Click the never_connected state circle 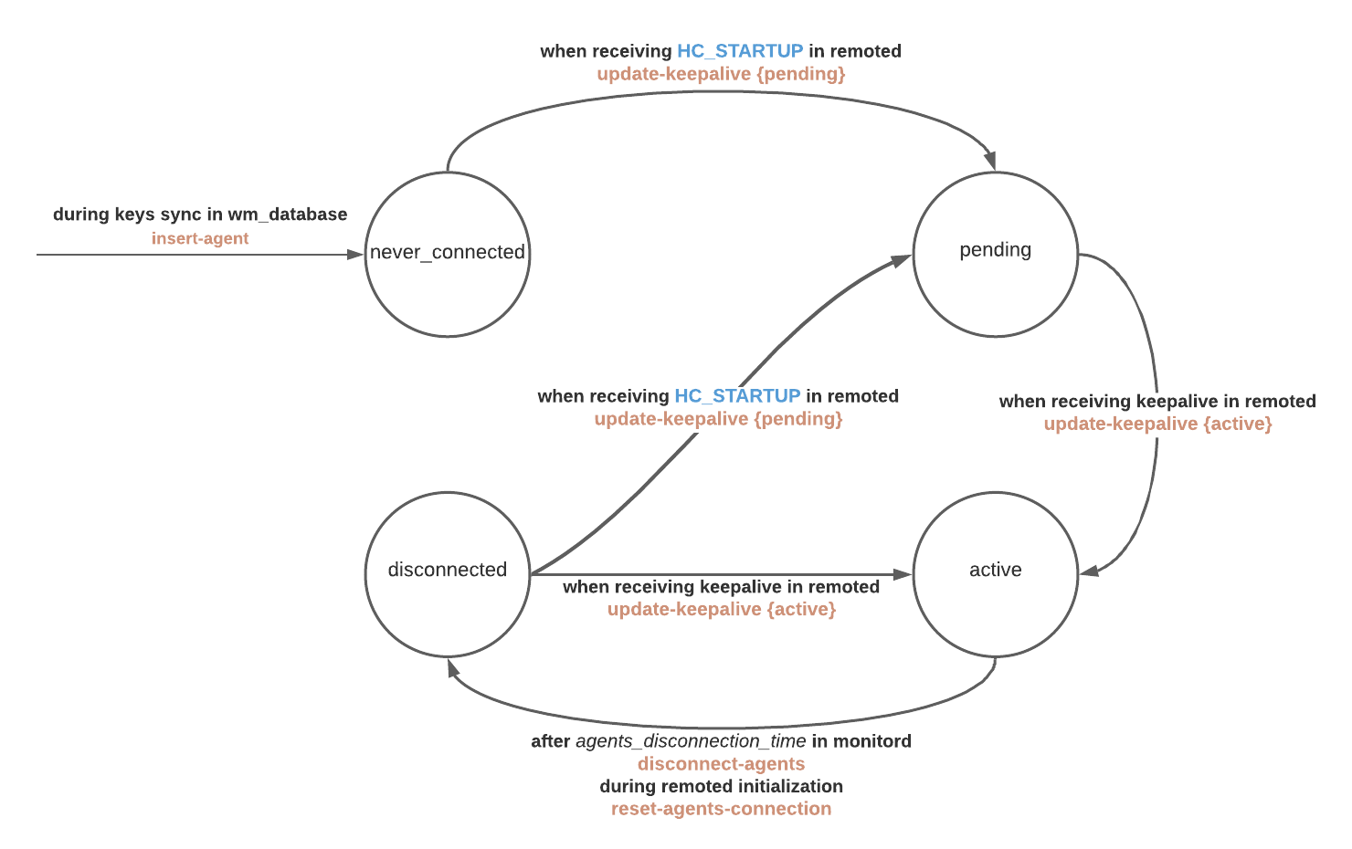click(448, 255)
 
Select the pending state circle click(996, 255)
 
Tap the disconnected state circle click(448, 574)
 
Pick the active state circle click(996, 574)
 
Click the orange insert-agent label click(200, 238)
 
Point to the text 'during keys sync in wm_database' click(200, 215)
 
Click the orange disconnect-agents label click(721, 764)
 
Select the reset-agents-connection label click(721, 809)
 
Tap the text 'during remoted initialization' click(721, 786)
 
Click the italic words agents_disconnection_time click(691, 741)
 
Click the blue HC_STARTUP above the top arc click(740, 51)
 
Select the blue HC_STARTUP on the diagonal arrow click(737, 396)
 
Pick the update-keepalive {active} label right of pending click(1157, 424)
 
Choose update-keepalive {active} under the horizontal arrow click(721, 609)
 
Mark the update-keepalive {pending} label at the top click(721, 74)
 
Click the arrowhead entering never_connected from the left click(355, 255)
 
